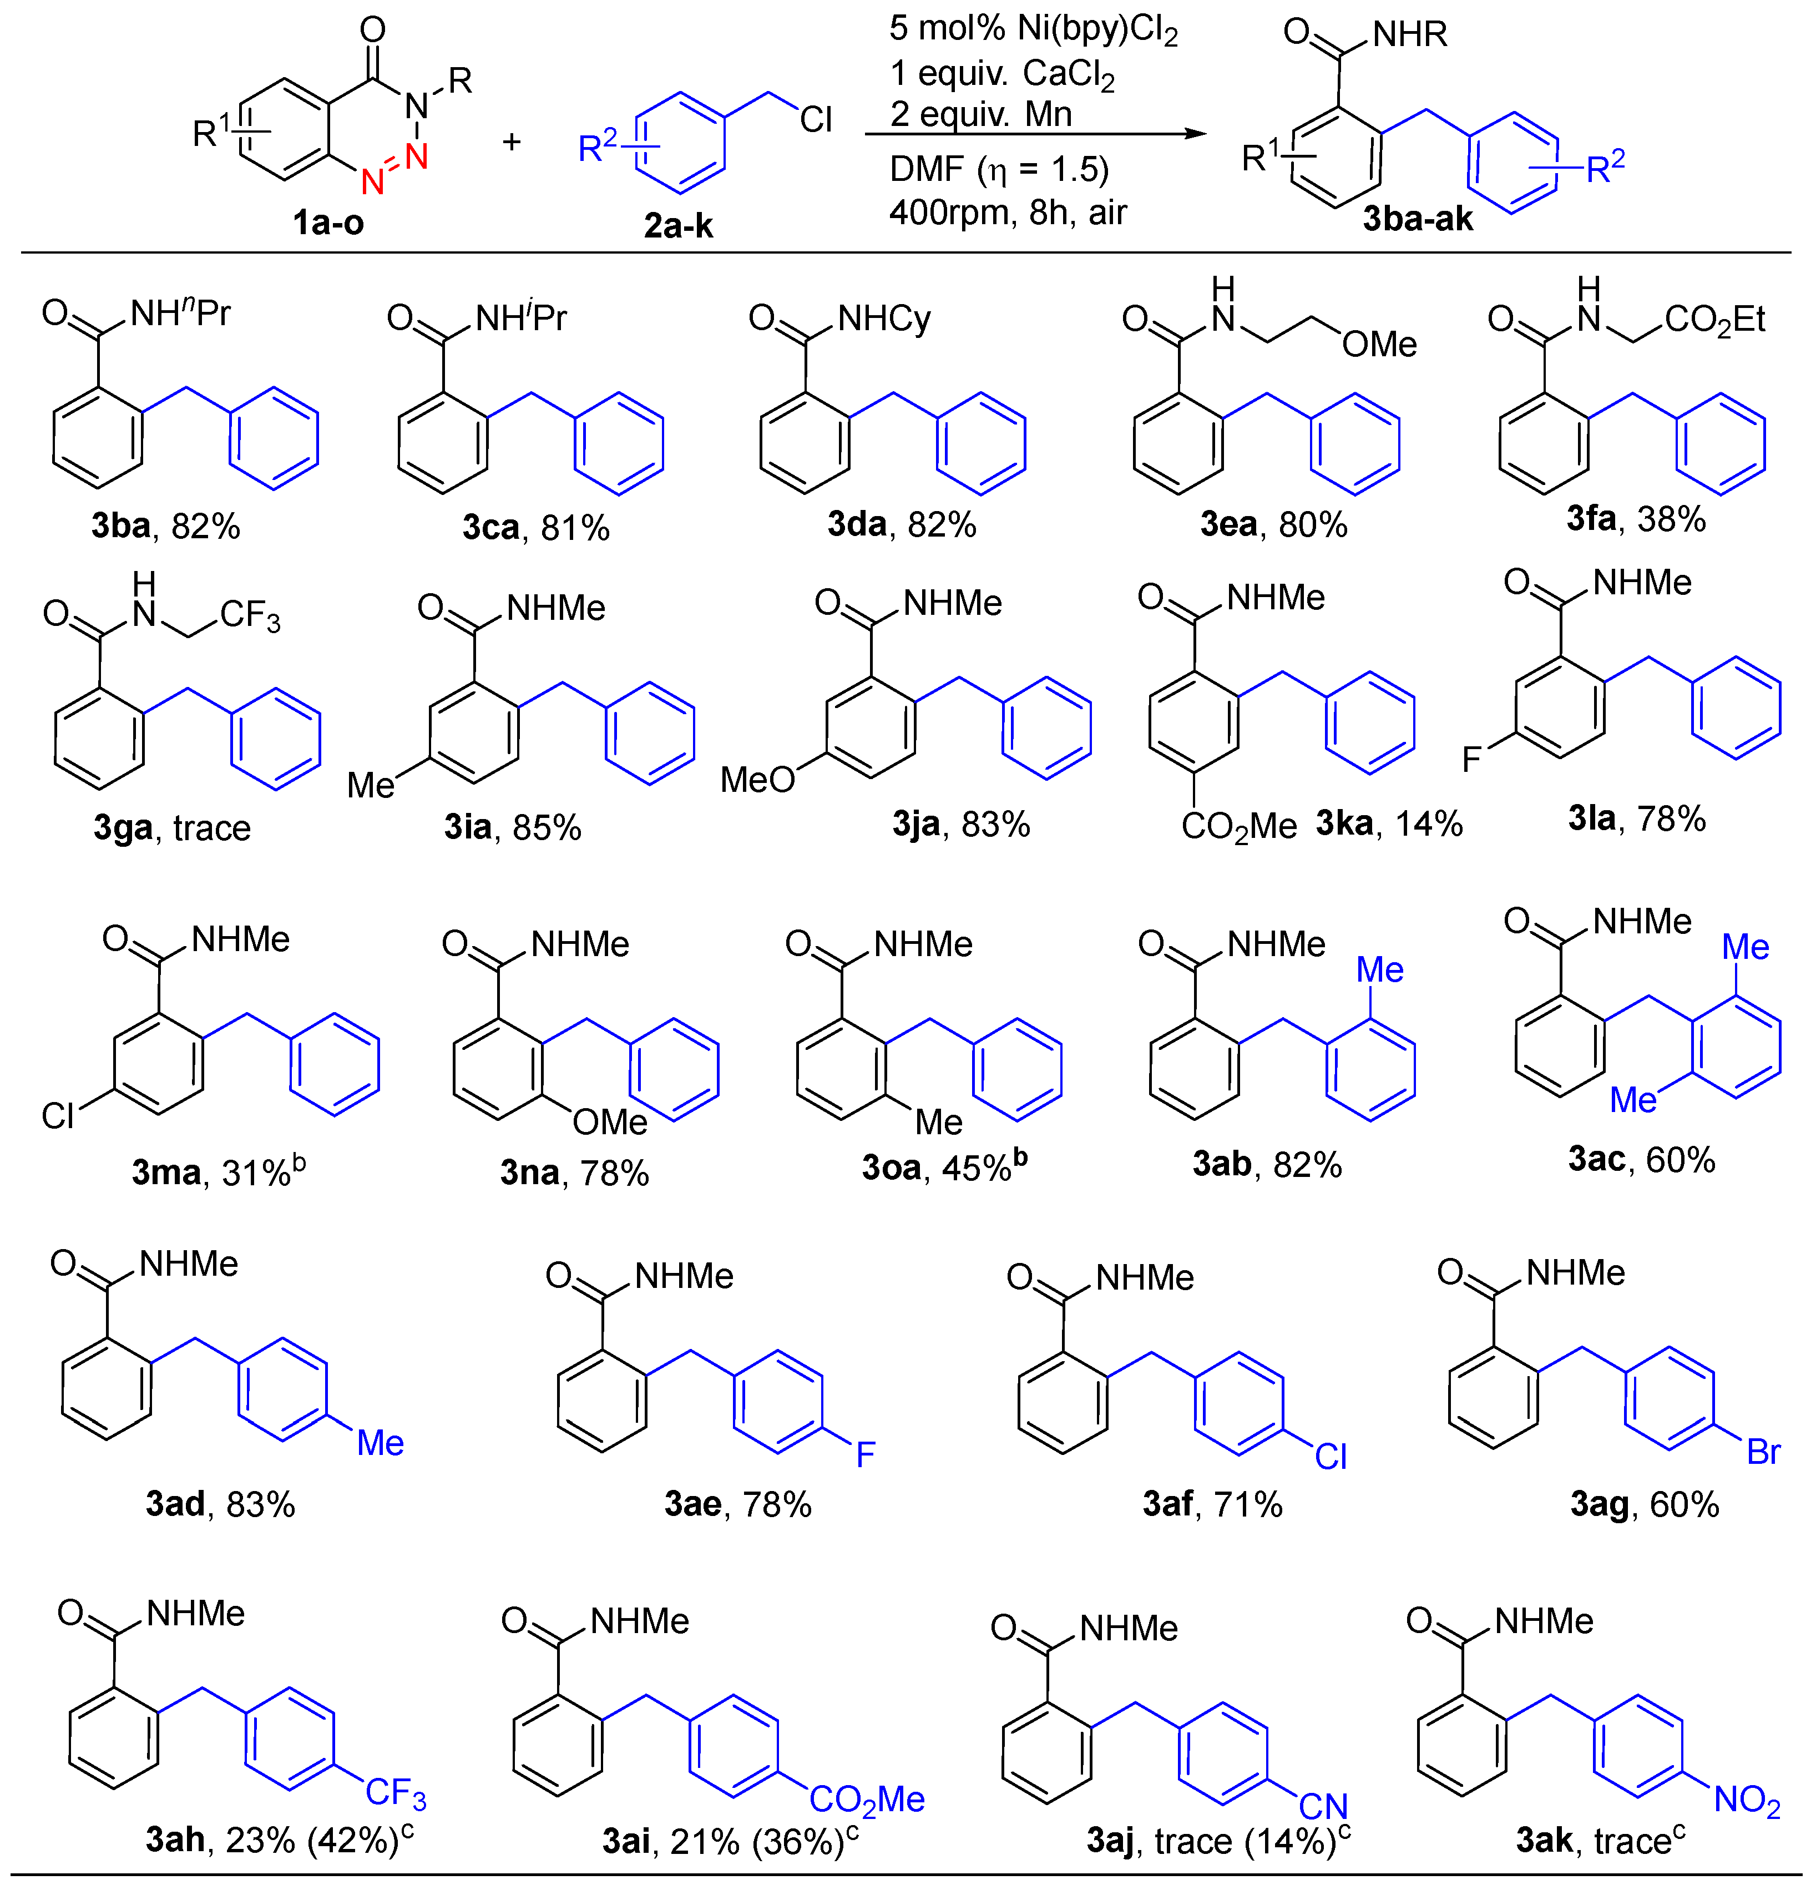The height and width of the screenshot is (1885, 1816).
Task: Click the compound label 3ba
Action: pos(121,526)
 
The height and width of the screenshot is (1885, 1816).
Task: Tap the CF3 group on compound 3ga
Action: pos(250,615)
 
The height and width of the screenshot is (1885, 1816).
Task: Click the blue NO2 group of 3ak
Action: pos(1747,1800)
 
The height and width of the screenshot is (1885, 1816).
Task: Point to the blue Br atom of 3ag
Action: pos(1763,1452)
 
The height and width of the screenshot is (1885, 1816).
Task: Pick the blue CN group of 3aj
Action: pos(1323,1806)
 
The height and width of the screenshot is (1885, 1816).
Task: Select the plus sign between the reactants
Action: pos(512,143)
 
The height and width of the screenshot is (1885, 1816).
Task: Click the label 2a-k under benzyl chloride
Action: pos(678,226)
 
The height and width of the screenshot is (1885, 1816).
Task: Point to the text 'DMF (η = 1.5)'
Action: pos(998,169)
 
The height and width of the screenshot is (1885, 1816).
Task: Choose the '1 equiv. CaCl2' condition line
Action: pos(1001,73)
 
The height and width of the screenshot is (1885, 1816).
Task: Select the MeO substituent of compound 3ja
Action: pos(758,779)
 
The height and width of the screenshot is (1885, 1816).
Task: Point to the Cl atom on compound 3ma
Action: pos(58,1115)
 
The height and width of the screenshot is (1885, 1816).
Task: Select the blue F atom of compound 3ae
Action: pos(864,1454)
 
